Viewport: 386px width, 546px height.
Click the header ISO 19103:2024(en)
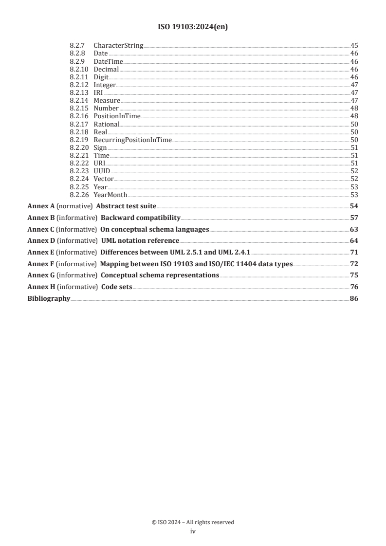tap(193, 27)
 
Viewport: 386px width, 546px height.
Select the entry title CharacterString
tap(118, 46)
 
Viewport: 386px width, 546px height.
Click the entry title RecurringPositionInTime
tap(132, 140)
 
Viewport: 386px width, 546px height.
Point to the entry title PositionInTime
tap(117, 116)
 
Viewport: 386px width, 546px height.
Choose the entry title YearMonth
tap(110, 195)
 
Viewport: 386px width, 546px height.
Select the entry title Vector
tap(104, 179)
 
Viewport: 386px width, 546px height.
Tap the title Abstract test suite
tap(126, 206)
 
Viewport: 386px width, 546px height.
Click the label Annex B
tap(41, 218)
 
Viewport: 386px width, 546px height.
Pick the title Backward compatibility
tap(140, 218)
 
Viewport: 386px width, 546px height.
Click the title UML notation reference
tap(140, 240)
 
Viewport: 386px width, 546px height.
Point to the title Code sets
tap(116, 287)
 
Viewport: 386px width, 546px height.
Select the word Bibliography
tap(49, 298)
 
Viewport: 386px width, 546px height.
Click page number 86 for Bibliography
tap(354, 298)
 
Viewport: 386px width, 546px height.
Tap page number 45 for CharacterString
tap(354, 46)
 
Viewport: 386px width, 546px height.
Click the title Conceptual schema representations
tap(159, 275)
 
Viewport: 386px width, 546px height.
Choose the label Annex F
tap(41, 264)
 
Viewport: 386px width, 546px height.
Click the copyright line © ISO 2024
tap(193, 522)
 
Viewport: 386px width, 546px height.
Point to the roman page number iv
tap(193, 531)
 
